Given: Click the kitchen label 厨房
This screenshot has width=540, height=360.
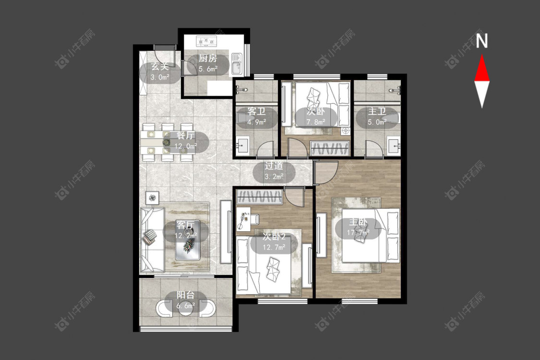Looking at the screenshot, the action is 208,58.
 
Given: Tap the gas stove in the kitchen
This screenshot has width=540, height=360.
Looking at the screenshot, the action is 206,41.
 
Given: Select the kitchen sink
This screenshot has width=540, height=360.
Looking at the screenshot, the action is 237,63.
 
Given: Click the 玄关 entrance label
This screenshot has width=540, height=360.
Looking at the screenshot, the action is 160,67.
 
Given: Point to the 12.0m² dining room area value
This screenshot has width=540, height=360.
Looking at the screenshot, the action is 185,146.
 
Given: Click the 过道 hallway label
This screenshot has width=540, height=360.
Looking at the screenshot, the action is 274,166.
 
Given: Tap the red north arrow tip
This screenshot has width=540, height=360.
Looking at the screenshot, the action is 482,55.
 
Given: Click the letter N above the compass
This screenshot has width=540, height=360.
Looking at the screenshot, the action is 482,41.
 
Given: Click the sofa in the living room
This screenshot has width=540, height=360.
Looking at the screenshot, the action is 152,240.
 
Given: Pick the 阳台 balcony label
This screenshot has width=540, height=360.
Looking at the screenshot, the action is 186,295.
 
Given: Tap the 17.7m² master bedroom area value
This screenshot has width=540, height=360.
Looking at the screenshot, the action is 358,232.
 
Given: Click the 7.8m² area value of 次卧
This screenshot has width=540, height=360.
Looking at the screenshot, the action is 316,122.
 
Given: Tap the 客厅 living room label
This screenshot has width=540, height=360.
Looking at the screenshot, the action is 185,225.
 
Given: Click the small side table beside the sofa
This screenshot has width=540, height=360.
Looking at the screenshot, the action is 152,198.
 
